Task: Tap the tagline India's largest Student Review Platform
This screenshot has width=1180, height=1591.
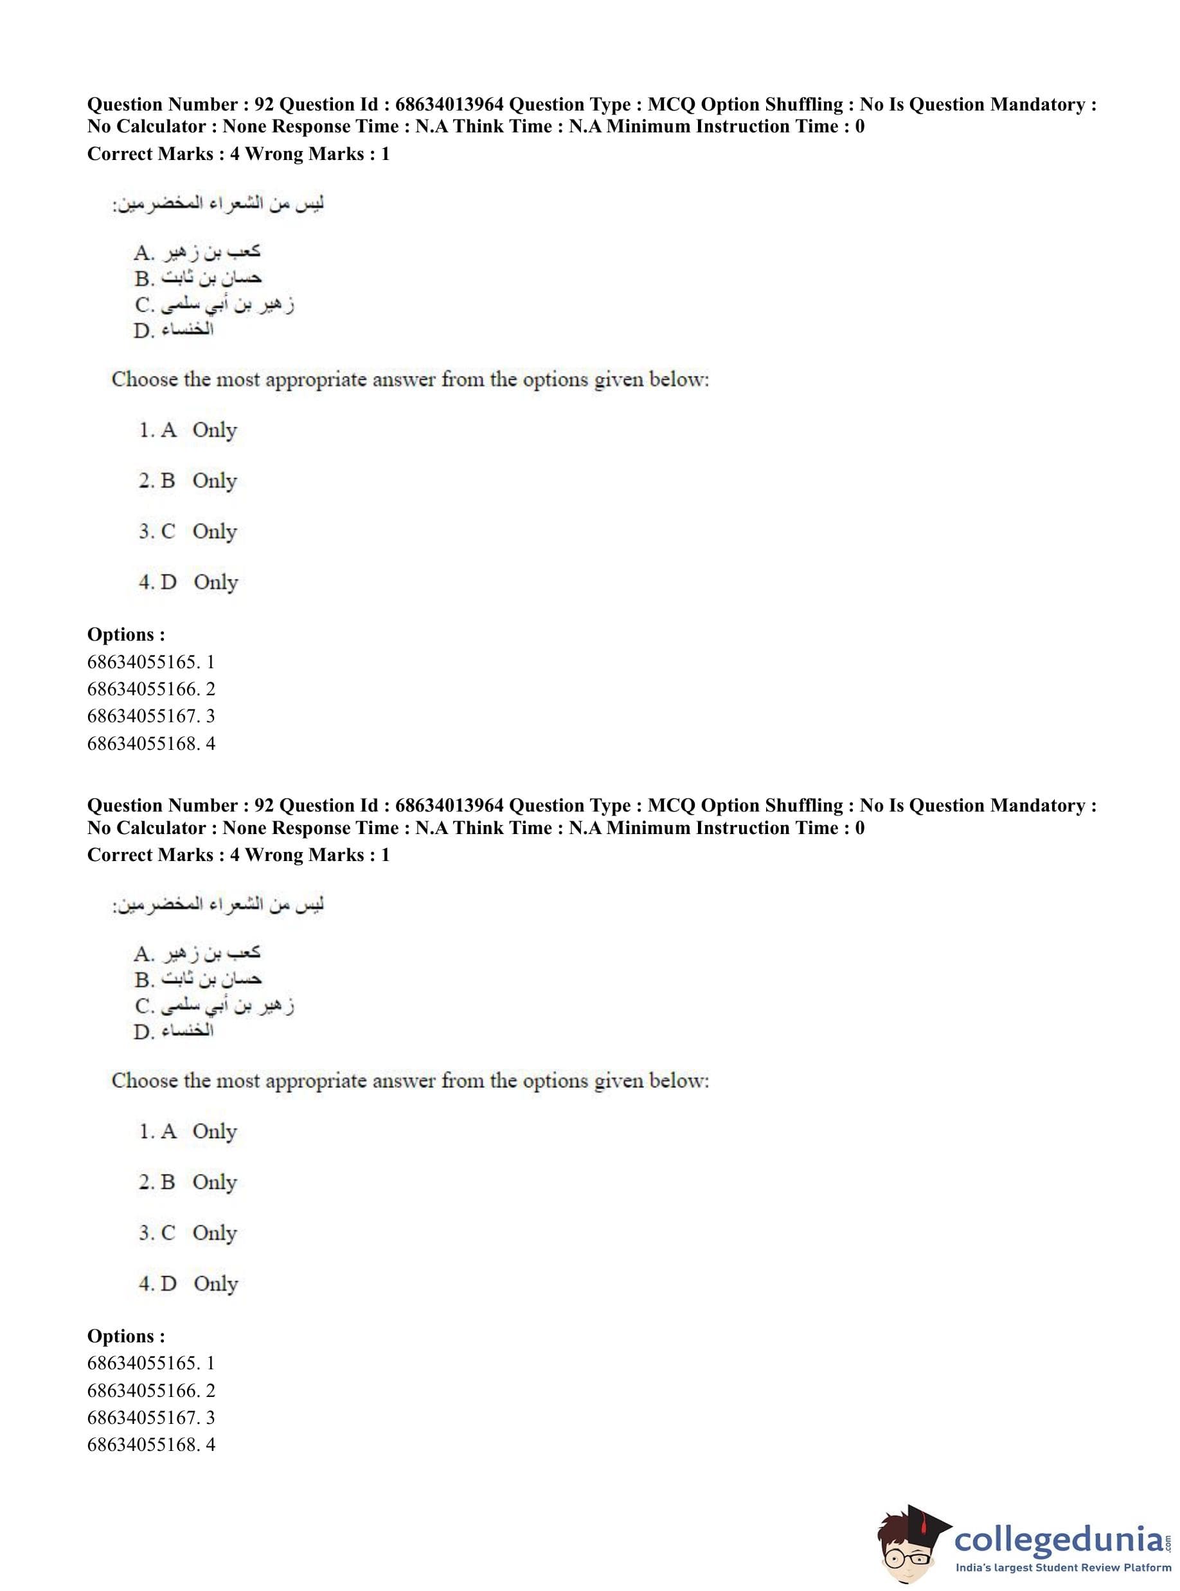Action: click(1063, 1567)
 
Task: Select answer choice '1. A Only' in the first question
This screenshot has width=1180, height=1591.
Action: click(188, 430)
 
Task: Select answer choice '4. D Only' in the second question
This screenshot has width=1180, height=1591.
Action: click(188, 1283)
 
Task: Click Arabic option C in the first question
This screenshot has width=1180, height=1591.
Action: click(214, 305)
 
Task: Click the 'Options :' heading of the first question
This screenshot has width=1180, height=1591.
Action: click(126, 634)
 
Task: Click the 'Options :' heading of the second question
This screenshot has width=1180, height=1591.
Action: click(126, 1335)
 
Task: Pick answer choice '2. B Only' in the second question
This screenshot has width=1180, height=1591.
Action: click(188, 1182)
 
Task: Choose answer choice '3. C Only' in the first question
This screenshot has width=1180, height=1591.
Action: click(188, 531)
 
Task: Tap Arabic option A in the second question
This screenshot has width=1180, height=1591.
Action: click(197, 952)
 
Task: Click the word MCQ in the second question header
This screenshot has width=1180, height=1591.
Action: click(671, 806)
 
